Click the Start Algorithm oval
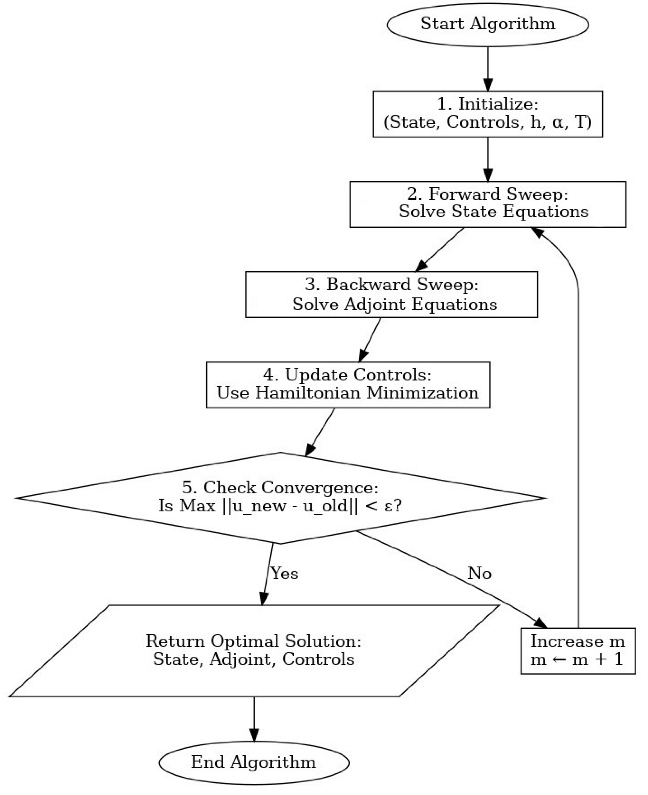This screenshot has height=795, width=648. [x=488, y=25]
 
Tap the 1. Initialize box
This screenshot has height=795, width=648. [x=488, y=114]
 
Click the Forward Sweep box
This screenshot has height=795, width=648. [x=488, y=204]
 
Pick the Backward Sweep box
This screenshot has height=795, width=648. [x=391, y=295]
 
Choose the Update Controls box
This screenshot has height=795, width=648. [x=348, y=384]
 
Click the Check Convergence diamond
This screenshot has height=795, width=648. [x=280, y=498]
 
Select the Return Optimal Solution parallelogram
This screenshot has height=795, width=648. [x=254, y=651]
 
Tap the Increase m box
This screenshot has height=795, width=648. [x=578, y=651]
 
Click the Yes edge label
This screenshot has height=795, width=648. [x=284, y=573]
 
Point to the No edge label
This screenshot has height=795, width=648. [x=479, y=573]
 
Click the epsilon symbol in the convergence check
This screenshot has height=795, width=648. [x=388, y=506]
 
